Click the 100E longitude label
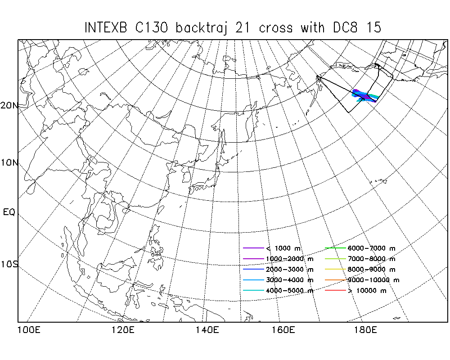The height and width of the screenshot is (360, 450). point(29,330)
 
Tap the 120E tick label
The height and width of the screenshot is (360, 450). point(123,330)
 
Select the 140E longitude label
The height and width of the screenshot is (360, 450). point(207,330)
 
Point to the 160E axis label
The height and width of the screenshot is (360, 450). point(283,330)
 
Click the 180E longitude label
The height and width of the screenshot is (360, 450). point(365,330)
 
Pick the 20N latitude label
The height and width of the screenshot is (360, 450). point(9,106)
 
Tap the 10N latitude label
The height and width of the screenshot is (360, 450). point(9,163)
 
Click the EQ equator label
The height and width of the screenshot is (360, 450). point(9,212)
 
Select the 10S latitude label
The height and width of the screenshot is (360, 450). point(9,264)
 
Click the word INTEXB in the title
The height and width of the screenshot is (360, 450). point(106,28)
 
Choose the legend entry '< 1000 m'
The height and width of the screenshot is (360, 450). point(271,248)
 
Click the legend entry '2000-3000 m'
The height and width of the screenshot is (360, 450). point(278,269)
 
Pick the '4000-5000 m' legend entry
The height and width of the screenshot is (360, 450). point(278,291)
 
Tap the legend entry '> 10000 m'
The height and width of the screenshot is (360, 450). point(356,291)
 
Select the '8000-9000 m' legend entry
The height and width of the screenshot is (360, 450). point(360,269)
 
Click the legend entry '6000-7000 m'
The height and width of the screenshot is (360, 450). point(360,248)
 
